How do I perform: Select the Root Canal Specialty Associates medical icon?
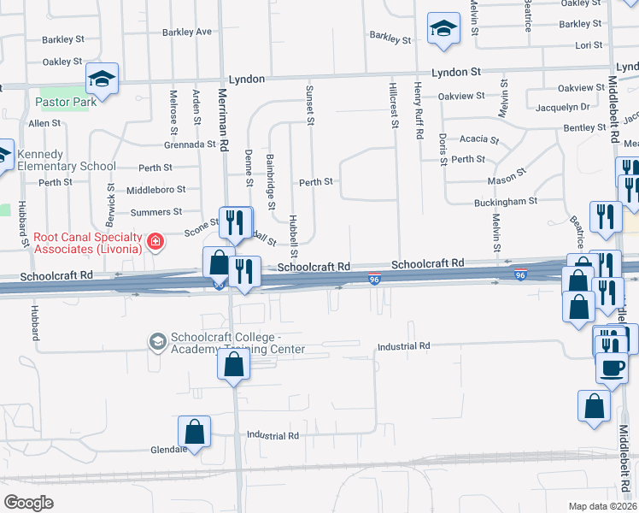(155, 242)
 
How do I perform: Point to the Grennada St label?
(190, 144)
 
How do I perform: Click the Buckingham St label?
(506, 203)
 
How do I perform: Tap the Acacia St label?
(478, 139)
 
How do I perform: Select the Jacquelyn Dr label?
(560, 107)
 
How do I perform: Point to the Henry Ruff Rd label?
(419, 111)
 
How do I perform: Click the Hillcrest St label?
(395, 106)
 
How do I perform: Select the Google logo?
(28, 502)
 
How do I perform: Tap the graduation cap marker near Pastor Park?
(103, 79)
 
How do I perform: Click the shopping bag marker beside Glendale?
(195, 432)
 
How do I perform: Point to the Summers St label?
(155, 212)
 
